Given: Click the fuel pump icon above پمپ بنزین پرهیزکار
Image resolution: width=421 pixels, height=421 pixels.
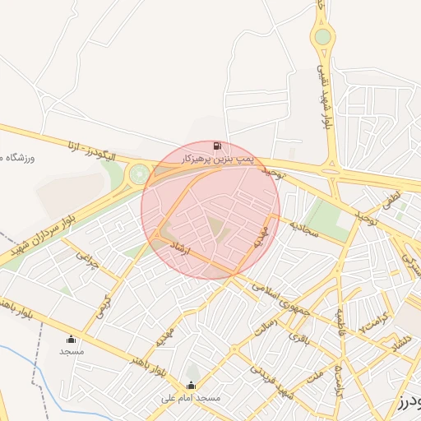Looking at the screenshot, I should (216, 146).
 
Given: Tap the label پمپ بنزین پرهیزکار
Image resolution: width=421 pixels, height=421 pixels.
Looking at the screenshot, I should (217, 156).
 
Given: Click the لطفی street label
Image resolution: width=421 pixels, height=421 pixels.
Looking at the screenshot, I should (390, 201).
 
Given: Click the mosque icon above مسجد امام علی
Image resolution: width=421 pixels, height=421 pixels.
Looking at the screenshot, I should (192, 385).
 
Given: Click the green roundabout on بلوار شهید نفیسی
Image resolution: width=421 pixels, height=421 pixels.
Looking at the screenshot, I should (323, 36).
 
